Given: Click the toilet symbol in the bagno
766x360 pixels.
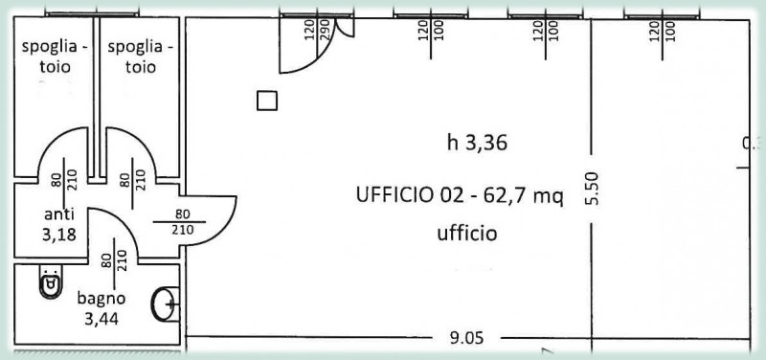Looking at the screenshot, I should click(x=48, y=285).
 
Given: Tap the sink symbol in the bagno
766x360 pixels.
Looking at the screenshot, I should click(x=165, y=304).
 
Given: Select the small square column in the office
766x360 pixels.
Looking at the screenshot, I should click(x=268, y=101).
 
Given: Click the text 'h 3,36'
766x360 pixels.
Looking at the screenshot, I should click(x=476, y=144).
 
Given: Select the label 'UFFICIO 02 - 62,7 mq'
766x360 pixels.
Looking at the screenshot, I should click(x=460, y=196).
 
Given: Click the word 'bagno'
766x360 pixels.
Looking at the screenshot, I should click(x=101, y=298).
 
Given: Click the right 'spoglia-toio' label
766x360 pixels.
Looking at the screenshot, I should click(x=140, y=56).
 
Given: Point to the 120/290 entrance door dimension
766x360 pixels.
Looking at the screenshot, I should click(x=317, y=30).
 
